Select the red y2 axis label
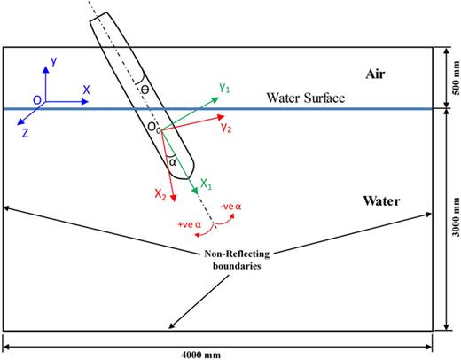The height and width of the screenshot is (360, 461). [227, 128]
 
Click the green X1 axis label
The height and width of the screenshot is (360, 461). [206, 185]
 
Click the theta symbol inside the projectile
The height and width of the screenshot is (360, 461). [146, 90]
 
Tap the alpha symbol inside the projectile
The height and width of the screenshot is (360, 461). [172, 162]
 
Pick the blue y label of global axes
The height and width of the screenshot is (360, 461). [54, 60]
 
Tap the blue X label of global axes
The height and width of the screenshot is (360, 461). [86, 90]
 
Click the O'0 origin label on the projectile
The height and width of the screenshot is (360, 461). [153, 129]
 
